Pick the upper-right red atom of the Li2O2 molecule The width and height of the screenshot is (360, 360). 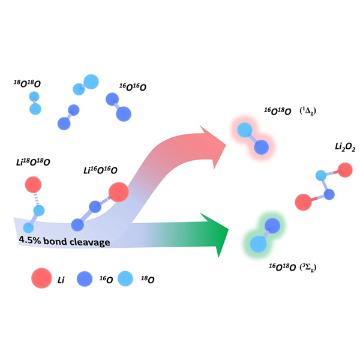[x=344, y=171]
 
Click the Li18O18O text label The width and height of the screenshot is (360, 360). [x=33, y=163]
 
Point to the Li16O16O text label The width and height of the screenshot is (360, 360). [x=100, y=171]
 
